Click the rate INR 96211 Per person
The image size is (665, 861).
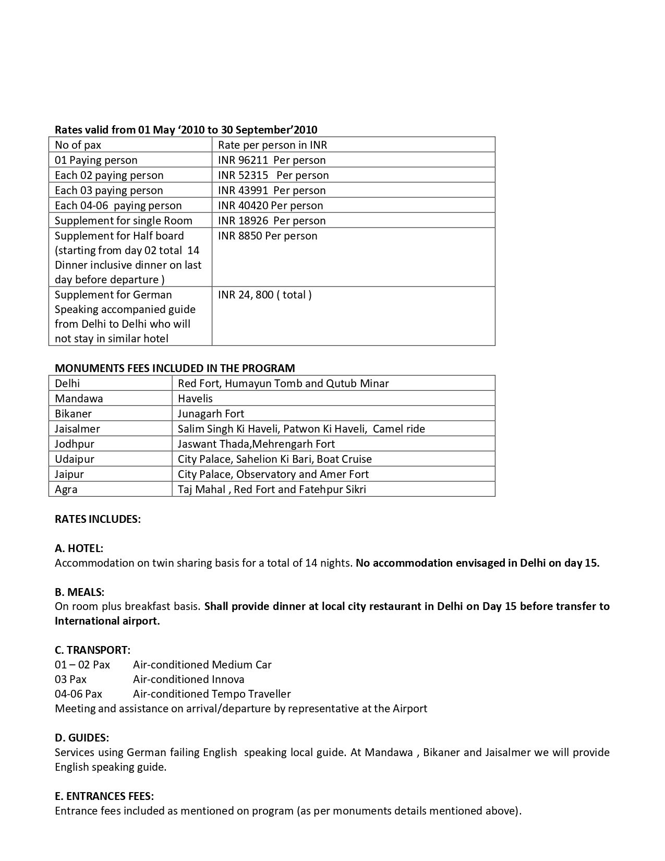(272, 160)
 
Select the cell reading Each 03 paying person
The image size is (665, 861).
(109, 190)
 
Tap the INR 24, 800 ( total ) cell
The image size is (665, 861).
(265, 295)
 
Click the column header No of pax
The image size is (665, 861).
(78, 145)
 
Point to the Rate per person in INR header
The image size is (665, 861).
(272, 145)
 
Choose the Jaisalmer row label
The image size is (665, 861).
(77, 429)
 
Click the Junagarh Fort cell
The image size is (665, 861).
(211, 414)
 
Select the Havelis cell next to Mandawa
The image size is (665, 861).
(195, 399)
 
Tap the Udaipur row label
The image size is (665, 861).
(75, 459)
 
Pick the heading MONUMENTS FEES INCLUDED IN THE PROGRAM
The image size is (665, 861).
(175, 368)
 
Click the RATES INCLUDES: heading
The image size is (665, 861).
(98, 519)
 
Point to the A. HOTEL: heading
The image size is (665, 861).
(79, 548)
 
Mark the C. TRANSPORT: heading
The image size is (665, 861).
(92, 650)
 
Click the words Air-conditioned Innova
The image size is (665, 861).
(188, 679)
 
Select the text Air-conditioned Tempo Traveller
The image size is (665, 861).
(212, 694)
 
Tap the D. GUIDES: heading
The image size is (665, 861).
(82, 738)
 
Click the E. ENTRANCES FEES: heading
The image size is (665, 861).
(104, 796)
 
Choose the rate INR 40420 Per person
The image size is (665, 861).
(270, 206)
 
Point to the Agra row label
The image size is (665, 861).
(66, 489)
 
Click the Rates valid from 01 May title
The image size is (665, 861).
(186, 130)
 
